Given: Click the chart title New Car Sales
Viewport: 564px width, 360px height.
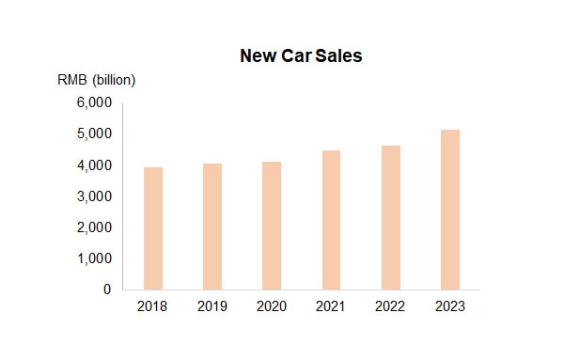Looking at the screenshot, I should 301,56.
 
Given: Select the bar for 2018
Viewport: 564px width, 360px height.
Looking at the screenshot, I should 152,228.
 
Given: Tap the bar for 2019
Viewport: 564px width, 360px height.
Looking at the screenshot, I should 211,227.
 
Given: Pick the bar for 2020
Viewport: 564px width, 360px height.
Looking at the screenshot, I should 271,226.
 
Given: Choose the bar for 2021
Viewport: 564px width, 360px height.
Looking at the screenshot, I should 331,220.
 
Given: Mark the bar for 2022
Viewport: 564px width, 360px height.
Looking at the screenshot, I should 390,217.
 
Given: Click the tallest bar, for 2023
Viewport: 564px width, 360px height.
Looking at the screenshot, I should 449,210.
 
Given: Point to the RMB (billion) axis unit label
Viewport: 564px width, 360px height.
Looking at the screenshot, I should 97,80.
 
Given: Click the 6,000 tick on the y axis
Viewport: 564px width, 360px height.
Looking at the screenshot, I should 94,102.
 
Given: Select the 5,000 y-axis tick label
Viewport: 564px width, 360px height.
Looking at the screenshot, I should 94,133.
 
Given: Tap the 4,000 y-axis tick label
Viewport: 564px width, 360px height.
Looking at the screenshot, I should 94,165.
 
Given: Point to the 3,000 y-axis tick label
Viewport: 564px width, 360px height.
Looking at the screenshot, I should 94,196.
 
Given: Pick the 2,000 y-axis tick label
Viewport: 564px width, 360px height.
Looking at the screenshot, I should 94,227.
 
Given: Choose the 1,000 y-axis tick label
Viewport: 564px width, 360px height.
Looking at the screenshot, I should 94,258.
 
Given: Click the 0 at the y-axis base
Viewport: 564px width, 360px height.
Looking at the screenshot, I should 108,290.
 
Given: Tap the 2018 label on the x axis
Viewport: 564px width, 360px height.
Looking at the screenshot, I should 152,306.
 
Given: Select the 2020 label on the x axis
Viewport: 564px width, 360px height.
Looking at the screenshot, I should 271,306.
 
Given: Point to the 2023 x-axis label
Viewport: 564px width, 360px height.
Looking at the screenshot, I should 449,306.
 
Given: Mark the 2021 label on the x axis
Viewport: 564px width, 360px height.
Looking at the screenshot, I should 331,306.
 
